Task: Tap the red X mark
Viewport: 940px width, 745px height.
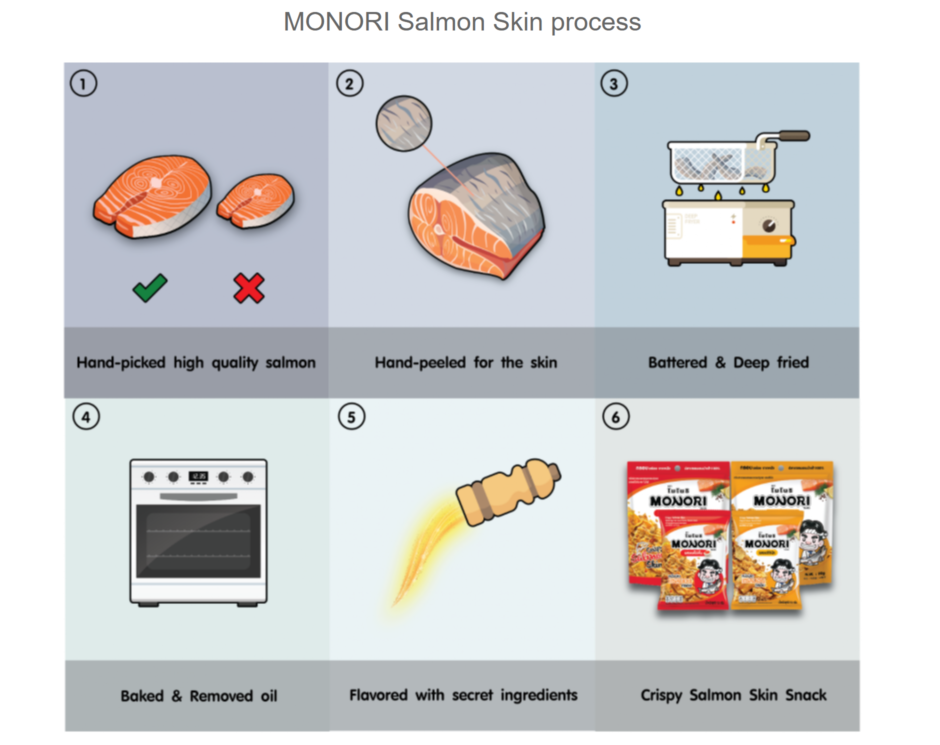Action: (248, 288)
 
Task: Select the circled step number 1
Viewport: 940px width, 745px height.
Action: (83, 83)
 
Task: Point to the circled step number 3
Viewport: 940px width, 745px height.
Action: (613, 83)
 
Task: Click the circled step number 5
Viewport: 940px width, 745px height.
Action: (351, 417)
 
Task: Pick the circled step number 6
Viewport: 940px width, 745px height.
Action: (615, 417)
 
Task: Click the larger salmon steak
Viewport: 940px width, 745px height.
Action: (152, 195)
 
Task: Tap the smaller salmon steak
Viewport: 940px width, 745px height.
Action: (256, 200)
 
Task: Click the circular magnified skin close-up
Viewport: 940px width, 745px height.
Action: (403, 123)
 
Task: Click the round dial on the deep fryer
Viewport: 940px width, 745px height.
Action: (768, 225)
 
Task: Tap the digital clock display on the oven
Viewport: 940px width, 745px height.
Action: (198, 476)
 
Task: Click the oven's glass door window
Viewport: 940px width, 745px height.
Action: (198, 541)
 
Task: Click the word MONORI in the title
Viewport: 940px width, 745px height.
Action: (336, 22)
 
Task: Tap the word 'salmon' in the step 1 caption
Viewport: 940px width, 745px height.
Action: (290, 362)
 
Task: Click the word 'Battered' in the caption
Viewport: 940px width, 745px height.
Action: (677, 362)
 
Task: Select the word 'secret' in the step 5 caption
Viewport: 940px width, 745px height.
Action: (472, 695)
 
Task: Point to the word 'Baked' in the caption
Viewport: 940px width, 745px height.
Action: (142, 696)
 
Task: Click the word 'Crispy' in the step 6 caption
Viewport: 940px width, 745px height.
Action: (661, 695)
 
